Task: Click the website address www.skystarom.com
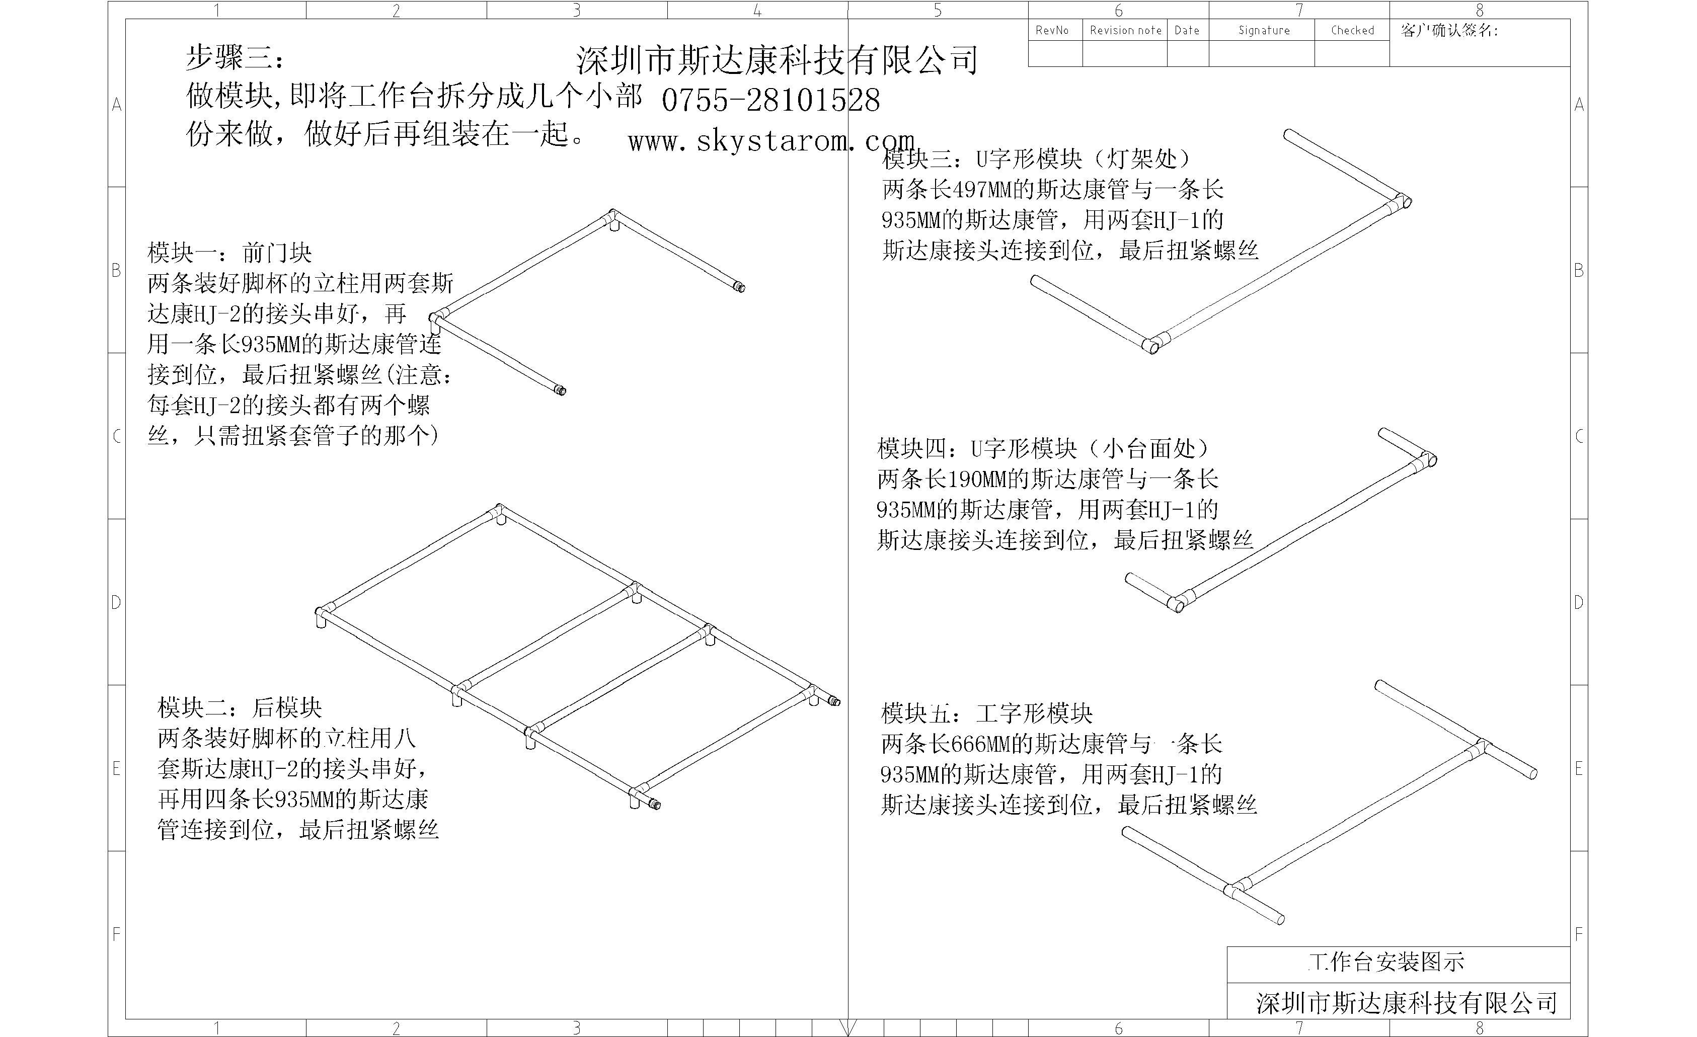coord(772,141)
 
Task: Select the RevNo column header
coord(1052,30)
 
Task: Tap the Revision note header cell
coord(1125,30)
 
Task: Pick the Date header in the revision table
coord(1187,30)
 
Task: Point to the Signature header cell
coord(1264,30)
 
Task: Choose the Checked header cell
coord(1352,30)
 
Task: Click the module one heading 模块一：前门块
coord(229,253)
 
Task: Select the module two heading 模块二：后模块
coord(240,707)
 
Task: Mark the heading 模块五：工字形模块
coord(987,713)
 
